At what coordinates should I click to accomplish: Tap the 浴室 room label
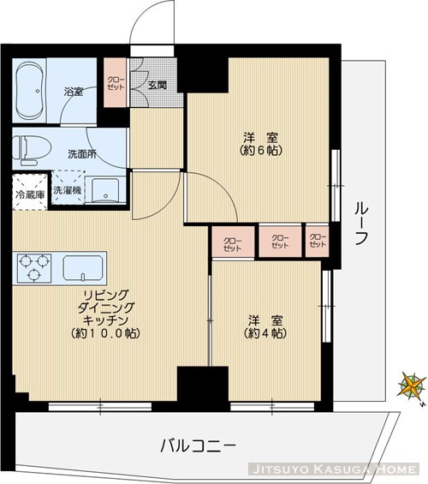click(73, 92)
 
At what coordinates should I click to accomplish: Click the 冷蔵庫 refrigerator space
click(28, 194)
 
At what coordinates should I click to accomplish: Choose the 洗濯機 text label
click(67, 190)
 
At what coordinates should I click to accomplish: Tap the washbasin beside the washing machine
click(108, 190)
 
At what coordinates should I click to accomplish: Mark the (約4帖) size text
click(265, 333)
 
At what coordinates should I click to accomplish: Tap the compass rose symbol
click(412, 385)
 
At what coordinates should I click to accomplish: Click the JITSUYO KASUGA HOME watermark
click(334, 470)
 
